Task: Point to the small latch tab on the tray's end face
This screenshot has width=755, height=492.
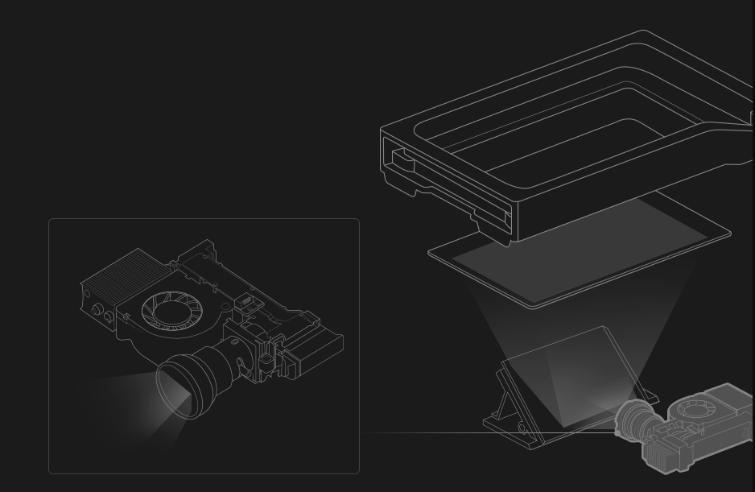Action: [x=400, y=157]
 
